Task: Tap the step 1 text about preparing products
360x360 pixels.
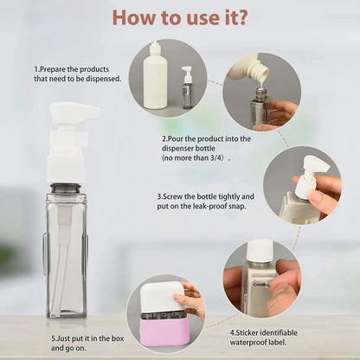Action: tap(77, 74)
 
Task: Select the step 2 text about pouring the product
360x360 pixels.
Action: tap(206, 144)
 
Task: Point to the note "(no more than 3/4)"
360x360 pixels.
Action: tap(196, 159)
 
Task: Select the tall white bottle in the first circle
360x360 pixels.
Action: tap(156, 78)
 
